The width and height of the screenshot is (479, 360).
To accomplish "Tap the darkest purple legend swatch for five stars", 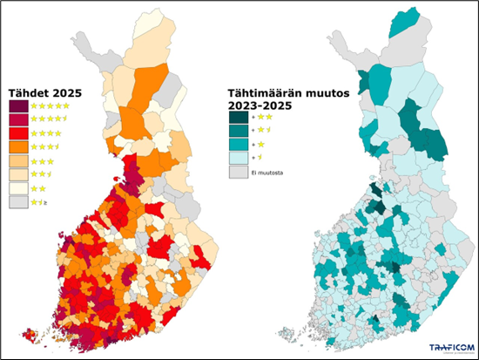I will [17, 106].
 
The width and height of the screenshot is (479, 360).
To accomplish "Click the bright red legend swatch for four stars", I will [17, 133].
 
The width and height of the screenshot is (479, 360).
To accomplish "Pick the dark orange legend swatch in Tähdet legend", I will [17, 147].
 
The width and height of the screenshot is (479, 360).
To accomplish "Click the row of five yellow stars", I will [50, 106].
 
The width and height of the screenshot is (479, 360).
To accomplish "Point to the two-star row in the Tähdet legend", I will [39, 188].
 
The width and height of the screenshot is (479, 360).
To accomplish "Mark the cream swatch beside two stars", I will [17, 188].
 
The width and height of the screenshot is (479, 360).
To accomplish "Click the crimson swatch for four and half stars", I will [17, 119].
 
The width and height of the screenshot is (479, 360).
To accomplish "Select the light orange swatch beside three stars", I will [17, 161].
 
